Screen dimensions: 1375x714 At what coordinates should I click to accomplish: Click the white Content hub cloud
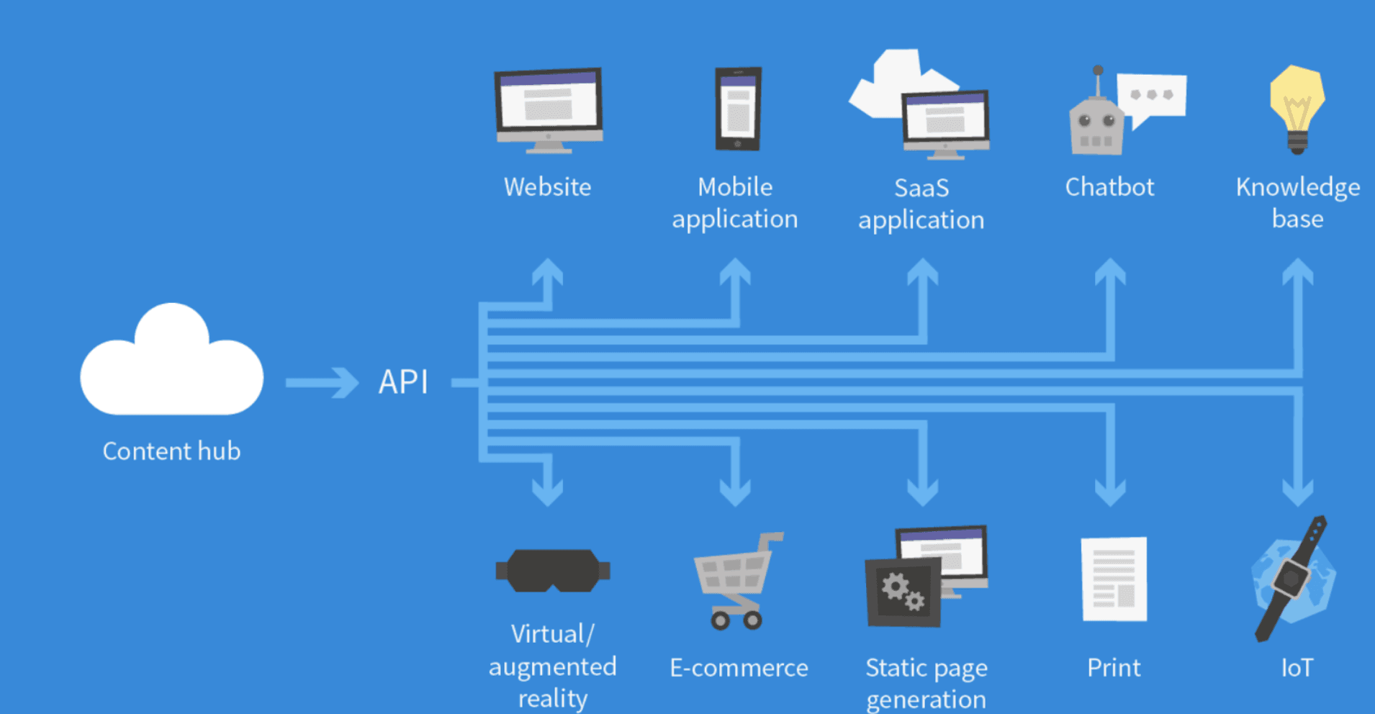171,367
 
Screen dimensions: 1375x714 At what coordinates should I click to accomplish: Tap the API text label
403,382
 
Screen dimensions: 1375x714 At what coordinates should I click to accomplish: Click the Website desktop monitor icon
549,108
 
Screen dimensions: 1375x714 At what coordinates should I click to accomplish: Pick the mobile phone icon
738,109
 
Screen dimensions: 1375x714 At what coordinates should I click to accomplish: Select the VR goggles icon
553,571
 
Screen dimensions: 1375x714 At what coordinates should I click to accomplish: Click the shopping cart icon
736,579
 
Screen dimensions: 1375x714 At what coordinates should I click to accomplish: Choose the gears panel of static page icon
903,592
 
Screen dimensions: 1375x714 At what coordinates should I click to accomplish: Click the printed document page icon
1114,579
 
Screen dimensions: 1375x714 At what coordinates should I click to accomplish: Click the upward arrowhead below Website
548,272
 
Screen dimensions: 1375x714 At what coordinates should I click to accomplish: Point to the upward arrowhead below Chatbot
1110,272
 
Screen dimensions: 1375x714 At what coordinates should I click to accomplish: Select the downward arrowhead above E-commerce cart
735,492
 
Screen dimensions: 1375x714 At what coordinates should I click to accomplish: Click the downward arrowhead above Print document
1110,492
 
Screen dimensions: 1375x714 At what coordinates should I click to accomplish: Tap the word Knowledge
1297,187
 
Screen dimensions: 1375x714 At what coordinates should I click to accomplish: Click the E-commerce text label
739,668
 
